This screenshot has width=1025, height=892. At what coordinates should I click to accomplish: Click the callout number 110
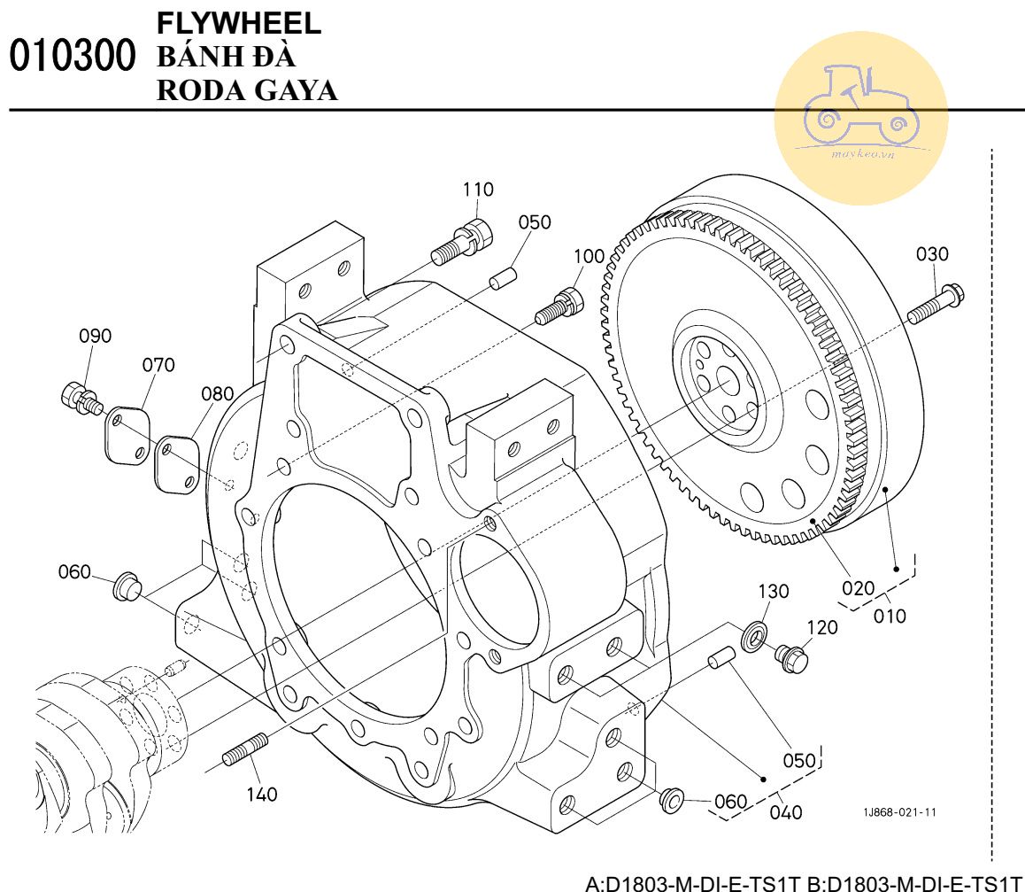pyautogui.click(x=478, y=190)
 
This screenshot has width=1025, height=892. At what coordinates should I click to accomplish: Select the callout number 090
pyautogui.click(x=96, y=336)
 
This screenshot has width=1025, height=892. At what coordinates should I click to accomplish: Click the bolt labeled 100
pyautogui.click(x=559, y=306)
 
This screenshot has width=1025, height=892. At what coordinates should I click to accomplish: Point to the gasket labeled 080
pyautogui.click(x=176, y=460)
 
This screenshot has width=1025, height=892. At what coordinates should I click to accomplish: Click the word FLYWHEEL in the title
pyautogui.click(x=238, y=24)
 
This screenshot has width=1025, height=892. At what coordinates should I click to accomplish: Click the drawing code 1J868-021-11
pyautogui.click(x=900, y=811)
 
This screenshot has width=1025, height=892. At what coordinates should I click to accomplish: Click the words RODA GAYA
pyautogui.click(x=247, y=89)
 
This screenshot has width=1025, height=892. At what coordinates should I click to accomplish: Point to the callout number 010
pyautogui.click(x=890, y=616)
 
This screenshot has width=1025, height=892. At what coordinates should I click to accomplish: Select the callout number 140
pyautogui.click(x=261, y=795)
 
